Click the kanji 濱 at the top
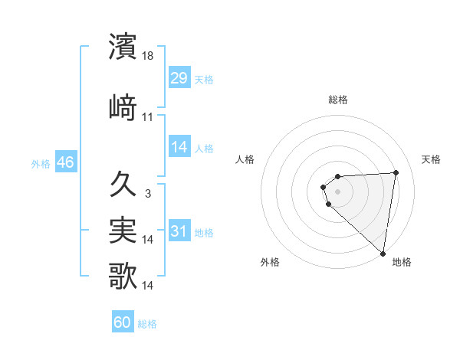tap(123, 46)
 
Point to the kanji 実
tap(123, 229)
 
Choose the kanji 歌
tap(123, 276)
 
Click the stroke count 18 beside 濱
tap(149, 56)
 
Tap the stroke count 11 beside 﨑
tap(148, 117)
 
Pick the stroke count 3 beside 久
tap(147, 194)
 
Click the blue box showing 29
tap(179, 78)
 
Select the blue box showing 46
tap(65, 162)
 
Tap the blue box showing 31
tap(179, 231)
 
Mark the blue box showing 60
tap(123, 322)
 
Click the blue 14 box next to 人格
tap(179, 148)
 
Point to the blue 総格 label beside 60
tap(147, 324)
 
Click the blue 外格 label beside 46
tap(41, 163)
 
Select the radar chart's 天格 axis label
tap(431, 159)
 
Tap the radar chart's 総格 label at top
tap(338, 100)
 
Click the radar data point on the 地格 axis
tap(383, 254)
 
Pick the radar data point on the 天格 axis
tap(396, 172)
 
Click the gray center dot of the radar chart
tap(337, 191)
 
